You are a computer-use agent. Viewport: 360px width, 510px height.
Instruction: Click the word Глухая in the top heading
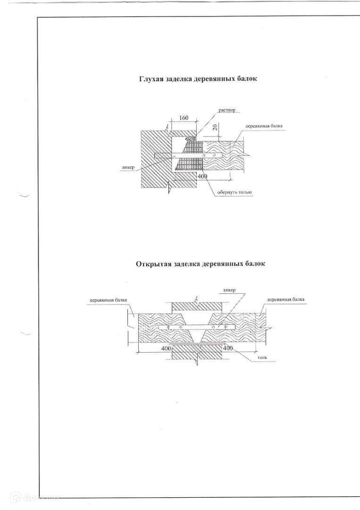(x=151, y=79)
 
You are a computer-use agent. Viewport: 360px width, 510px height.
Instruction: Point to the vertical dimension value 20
(x=215, y=127)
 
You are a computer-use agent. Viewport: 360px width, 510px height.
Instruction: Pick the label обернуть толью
(x=234, y=192)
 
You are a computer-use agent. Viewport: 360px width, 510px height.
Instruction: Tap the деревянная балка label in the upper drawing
(x=264, y=127)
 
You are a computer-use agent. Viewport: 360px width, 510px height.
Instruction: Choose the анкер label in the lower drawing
(x=229, y=290)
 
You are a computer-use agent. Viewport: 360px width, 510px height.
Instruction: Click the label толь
(x=262, y=358)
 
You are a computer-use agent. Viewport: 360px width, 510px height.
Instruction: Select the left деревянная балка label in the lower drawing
(x=108, y=300)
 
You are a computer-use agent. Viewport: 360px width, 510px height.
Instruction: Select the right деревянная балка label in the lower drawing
(x=285, y=299)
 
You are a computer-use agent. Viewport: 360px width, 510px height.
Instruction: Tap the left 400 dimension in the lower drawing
(x=166, y=348)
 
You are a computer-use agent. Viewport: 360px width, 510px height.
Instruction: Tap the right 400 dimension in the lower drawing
(x=228, y=348)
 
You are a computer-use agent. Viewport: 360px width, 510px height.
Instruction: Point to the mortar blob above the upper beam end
(x=191, y=138)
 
